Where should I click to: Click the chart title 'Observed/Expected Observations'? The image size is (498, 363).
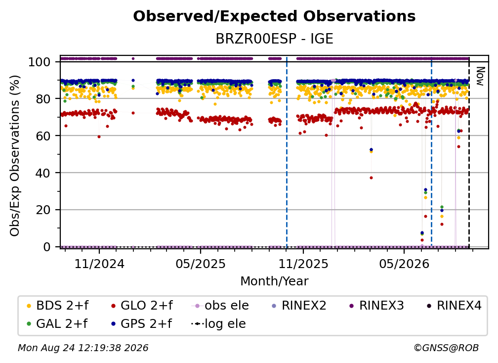[274, 16]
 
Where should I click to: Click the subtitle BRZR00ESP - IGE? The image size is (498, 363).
[274, 39]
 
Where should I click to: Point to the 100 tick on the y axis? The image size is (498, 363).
[39, 62]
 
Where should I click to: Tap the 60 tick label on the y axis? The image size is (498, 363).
[43, 136]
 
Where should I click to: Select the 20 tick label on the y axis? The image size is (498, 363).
[43, 210]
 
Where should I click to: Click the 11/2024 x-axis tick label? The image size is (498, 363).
[99, 264]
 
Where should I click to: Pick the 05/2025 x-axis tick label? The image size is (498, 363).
[201, 264]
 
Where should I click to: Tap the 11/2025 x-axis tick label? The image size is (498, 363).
[303, 264]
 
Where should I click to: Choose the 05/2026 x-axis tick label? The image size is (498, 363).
[404, 264]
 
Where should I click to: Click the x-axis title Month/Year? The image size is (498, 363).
[274, 281]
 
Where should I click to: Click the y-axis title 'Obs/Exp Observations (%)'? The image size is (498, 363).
[15, 155]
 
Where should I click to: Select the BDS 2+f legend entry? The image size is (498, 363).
[57, 306]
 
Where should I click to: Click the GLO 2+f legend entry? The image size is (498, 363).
[142, 306]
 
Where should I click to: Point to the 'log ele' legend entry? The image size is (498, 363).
[218, 323]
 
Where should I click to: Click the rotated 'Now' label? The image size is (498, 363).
[480, 76]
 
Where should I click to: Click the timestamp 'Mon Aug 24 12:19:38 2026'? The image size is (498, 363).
[83, 348]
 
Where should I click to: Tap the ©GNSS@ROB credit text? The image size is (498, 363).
[446, 348]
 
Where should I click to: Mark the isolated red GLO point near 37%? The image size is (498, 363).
[371, 178]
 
